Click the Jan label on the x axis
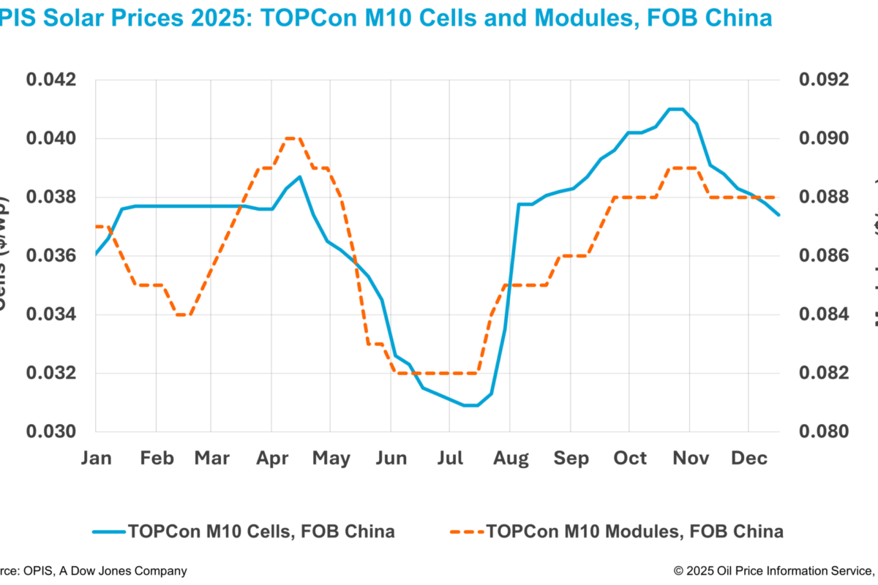click(97, 458)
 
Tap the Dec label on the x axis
click(749, 458)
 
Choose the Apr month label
click(271, 458)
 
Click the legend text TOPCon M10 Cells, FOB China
click(261, 531)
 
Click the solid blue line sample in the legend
click(110, 532)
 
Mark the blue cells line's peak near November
click(676, 109)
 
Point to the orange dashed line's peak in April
click(293, 137)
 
